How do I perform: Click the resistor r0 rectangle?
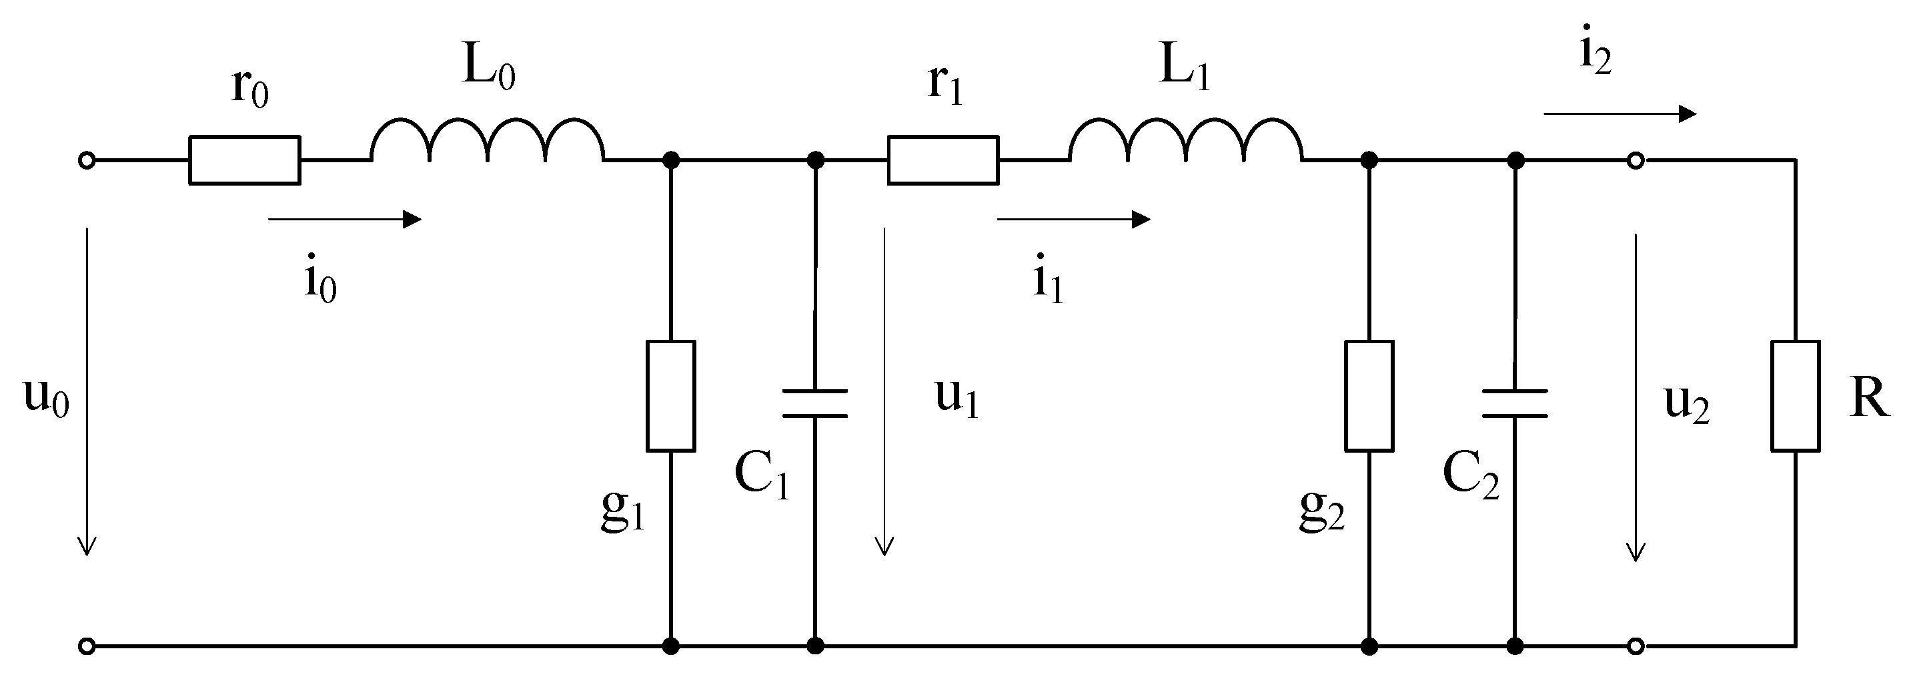pyautogui.click(x=244, y=160)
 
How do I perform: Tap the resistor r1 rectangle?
pyautogui.click(x=943, y=160)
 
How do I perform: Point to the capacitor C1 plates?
pyautogui.click(x=815, y=404)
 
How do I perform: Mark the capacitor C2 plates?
pyautogui.click(x=1515, y=404)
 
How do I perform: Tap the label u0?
pyautogui.click(x=46, y=398)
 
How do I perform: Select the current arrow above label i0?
pyautogui.click(x=344, y=219)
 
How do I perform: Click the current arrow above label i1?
pyautogui.click(x=1073, y=219)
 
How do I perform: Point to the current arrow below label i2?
pyautogui.click(x=1620, y=114)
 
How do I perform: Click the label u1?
pyautogui.click(x=957, y=398)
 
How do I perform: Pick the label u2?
pyautogui.click(x=1686, y=404)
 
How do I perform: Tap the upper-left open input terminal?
pyautogui.click(x=87, y=160)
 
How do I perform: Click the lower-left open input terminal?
pyautogui.click(x=87, y=647)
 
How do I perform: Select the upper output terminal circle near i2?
pyautogui.click(x=1636, y=160)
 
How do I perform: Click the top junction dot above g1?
pyautogui.click(x=671, y=160)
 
